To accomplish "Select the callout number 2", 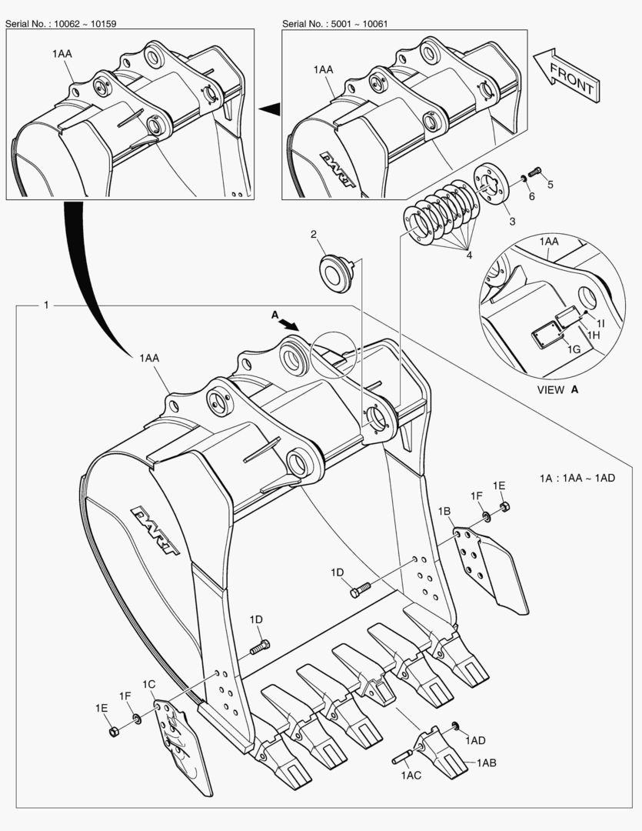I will coord(314,234).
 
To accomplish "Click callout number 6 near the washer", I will coord(531,197).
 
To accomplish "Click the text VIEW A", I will coord(557,390).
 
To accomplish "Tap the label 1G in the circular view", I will coord(574,349).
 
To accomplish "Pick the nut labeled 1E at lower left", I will coord(113,729).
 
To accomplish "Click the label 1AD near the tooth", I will coord(475,740).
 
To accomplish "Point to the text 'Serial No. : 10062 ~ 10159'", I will coord(61,24).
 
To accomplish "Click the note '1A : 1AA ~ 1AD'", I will coord(577,479).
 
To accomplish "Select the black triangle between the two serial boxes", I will coord(268,111).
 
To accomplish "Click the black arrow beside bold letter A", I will coord(289,324).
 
